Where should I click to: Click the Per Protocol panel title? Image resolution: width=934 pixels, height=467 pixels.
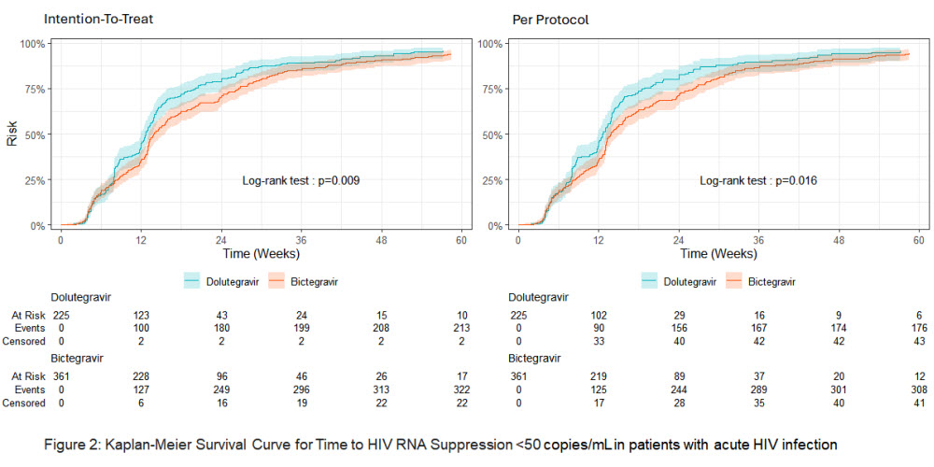pos(550,19)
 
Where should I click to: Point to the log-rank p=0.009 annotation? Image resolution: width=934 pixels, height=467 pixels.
pos(301,179)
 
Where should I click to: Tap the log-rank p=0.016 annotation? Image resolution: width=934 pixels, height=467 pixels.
pos(758,179)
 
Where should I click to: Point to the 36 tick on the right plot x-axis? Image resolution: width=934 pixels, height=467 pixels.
pos(757,238)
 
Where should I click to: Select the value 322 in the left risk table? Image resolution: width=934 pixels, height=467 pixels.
pos(460,388)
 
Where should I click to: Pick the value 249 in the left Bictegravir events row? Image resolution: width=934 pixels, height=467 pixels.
pos(221,388)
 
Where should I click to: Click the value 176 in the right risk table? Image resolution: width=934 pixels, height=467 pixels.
pos(917,328)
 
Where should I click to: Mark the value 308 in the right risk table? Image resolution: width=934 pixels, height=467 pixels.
pos(917,388)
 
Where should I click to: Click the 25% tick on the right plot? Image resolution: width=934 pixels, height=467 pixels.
pos(493,179)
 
